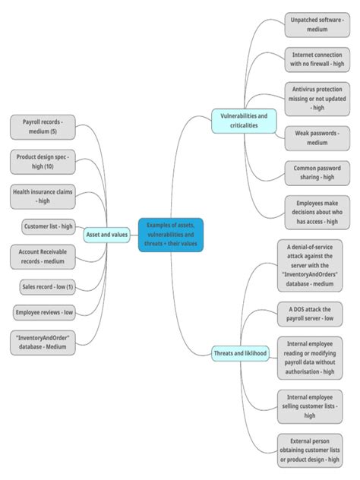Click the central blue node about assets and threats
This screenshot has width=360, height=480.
click(x=171, y=235)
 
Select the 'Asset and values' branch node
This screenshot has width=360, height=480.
click(x=107, y=235)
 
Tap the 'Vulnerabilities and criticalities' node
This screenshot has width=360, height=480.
click(x=243, y=120)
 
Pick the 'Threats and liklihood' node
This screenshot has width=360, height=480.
click(x=240, y=353)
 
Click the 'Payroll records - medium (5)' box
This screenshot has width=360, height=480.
click(x=42, y=126)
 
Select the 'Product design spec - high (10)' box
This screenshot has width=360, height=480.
click(x=43, y=161)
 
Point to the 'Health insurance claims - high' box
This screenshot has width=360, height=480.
click(x=43, y=197)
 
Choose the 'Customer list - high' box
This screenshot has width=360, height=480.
click(x=49, y=226)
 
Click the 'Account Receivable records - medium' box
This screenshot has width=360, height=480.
click(x=43, y=256)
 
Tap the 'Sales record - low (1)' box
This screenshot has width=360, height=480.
click(x=48, y=286)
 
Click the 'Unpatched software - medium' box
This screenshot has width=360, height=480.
click(x=317, y=24)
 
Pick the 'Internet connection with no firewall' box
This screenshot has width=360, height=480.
click(x=317, y=60)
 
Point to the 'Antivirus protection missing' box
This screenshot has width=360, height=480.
click(x=317, y=98)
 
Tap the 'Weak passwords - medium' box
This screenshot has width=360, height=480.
click(x=317, y=137)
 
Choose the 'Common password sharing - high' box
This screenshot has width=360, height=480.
click(x=317, y=172)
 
